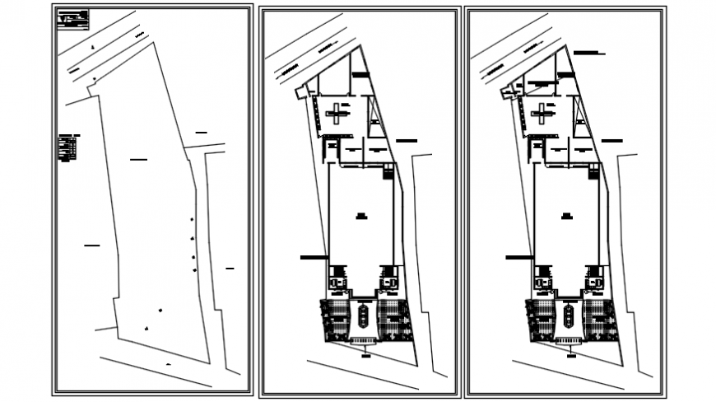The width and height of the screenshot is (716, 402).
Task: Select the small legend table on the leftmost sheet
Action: pos(68,148)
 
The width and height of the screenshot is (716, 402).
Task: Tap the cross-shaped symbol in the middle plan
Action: pos(336,115)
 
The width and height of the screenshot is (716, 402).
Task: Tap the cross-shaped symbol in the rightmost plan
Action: pos(542,115)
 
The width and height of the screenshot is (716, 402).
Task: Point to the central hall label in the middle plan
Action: pos(360,216)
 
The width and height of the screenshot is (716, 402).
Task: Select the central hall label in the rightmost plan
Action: pos(566,216)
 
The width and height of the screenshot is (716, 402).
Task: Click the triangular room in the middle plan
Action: pos(375,119)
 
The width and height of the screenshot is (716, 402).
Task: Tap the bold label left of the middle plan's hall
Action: pos(312,258)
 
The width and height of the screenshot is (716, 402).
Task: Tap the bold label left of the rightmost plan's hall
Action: pos(518,258)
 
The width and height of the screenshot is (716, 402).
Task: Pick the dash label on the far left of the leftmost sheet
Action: pos(91,245)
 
